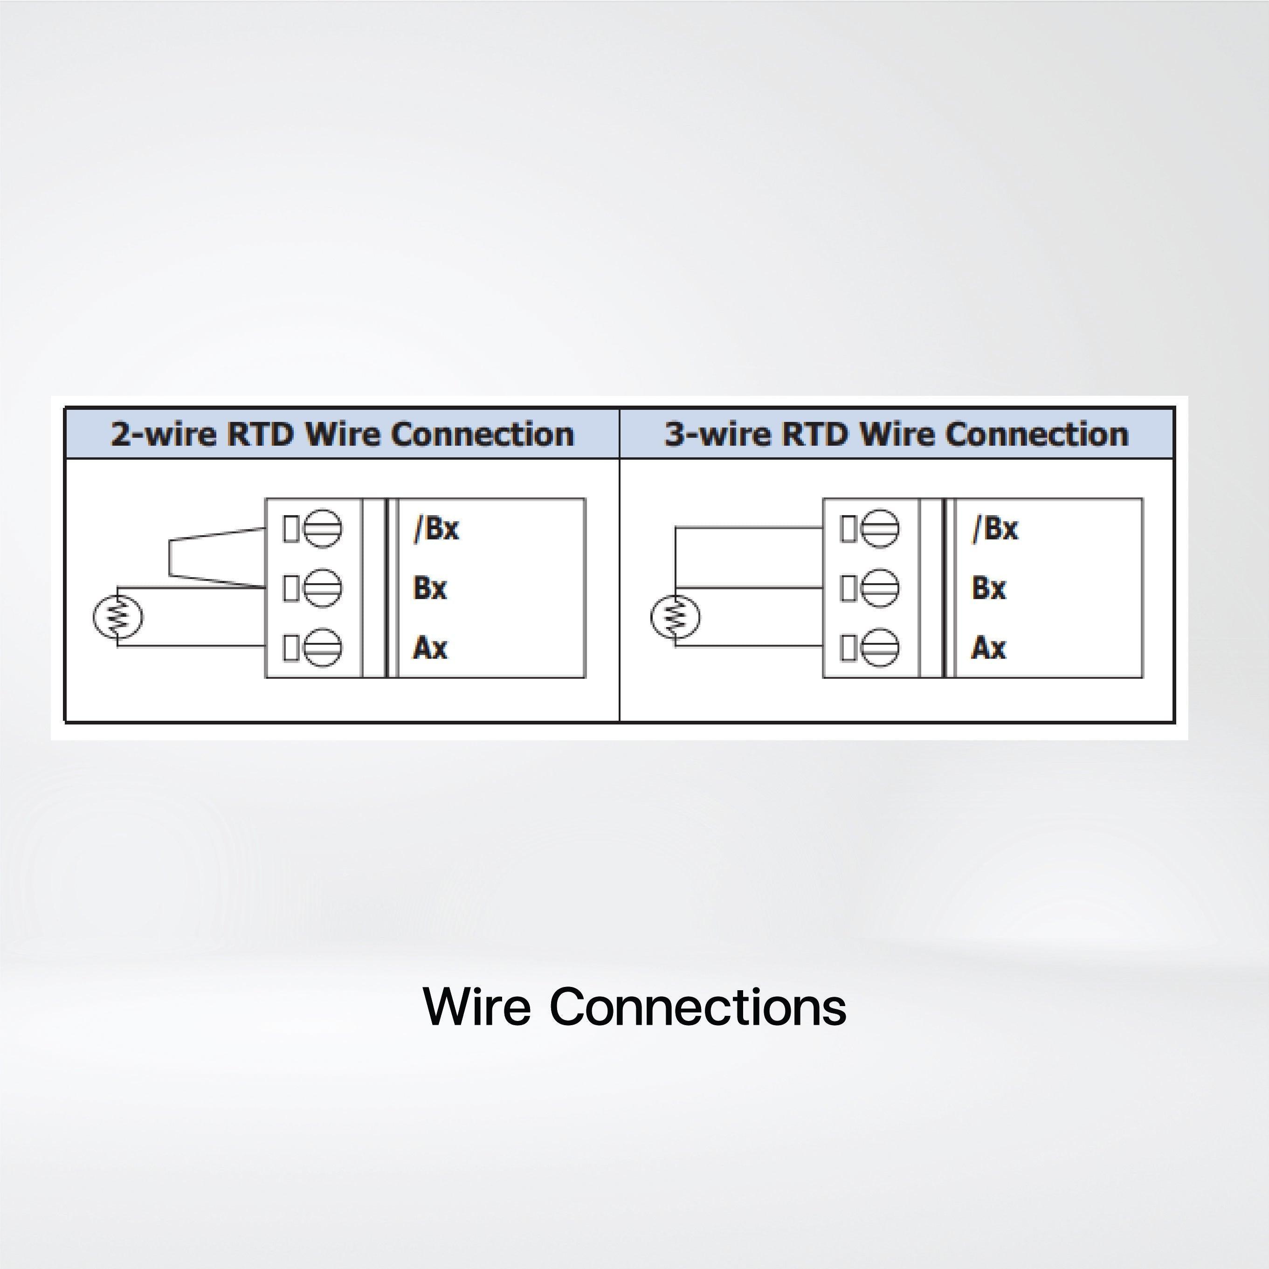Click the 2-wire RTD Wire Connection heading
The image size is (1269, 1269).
click(342, 434)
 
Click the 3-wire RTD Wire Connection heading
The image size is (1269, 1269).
click(897, 434)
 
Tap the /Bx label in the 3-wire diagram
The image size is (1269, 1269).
click(995, 528)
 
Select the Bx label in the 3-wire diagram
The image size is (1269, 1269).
click(988, 588)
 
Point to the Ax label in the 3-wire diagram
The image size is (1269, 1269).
click(988, 648)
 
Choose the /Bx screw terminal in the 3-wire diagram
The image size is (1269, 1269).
click(880, 528)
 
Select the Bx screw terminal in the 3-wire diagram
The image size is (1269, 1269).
click(880, 588)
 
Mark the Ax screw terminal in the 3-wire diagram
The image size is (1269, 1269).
click(880, 648)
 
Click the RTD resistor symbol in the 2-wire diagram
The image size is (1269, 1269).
click(117, 617)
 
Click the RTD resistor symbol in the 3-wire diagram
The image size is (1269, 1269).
click(675, 617)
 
